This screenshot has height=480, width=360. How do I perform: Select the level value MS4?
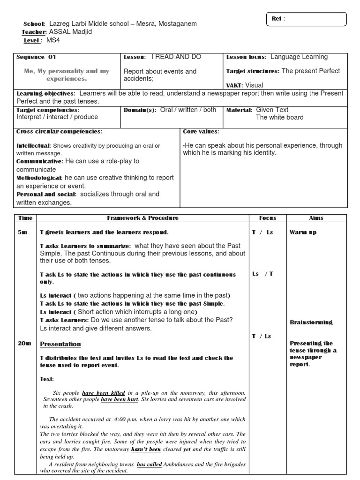[53, 40]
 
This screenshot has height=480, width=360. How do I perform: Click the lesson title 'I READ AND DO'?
[176, 57]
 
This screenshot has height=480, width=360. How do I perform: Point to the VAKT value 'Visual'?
[254, 85]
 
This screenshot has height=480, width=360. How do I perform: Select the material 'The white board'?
[279, 117]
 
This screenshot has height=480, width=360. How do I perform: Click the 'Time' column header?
[25, 218]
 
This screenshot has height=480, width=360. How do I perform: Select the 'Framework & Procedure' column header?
[142, 218]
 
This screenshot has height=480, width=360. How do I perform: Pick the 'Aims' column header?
[316, 218]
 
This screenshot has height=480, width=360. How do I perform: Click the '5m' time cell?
[23, 232]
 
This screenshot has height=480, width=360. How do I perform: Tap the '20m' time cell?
[24, 344]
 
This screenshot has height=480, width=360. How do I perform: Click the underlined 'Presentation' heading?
[60, 344]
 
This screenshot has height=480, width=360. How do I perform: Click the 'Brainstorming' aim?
[311, 322]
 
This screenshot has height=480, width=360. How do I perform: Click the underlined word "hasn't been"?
[146, 449]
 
